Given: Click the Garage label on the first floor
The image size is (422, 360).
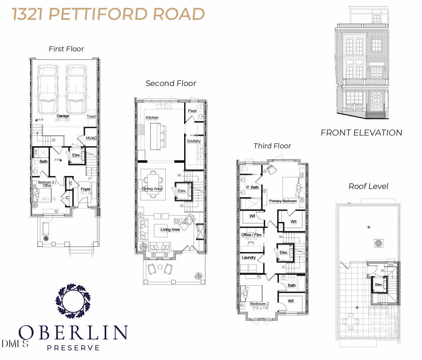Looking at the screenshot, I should pos(63,116).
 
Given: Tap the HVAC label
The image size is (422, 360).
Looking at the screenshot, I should pos(91,138).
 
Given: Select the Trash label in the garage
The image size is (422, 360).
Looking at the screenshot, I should pos(91,116).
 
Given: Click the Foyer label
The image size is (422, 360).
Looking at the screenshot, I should pos(86,189).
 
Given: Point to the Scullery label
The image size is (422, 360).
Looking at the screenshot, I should pos(194,141).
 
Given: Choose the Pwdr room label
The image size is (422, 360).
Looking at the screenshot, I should pos(192,111).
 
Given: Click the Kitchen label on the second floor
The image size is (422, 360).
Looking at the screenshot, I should pos(152,118).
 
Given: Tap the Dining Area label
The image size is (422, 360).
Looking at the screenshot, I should pos(152,189).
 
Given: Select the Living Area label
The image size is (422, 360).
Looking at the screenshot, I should pos(170,229).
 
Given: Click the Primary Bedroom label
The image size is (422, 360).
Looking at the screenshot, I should pos(283,201).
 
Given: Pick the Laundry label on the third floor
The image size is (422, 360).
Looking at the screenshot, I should pos(249,257).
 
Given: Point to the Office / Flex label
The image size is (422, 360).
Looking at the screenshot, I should pos(252,235).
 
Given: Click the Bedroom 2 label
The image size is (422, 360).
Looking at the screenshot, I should pos(260,304).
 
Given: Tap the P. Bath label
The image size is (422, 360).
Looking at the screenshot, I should pos(253,187).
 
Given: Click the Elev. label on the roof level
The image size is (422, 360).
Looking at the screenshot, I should pos(379,285).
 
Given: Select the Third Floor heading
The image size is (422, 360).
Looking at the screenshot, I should pos(272,146).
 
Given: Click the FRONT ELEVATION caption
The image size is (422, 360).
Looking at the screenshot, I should pos(361,133).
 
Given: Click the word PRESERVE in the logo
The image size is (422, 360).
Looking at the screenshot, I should pos(73,348).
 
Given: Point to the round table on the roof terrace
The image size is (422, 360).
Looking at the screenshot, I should pos(350,321).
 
